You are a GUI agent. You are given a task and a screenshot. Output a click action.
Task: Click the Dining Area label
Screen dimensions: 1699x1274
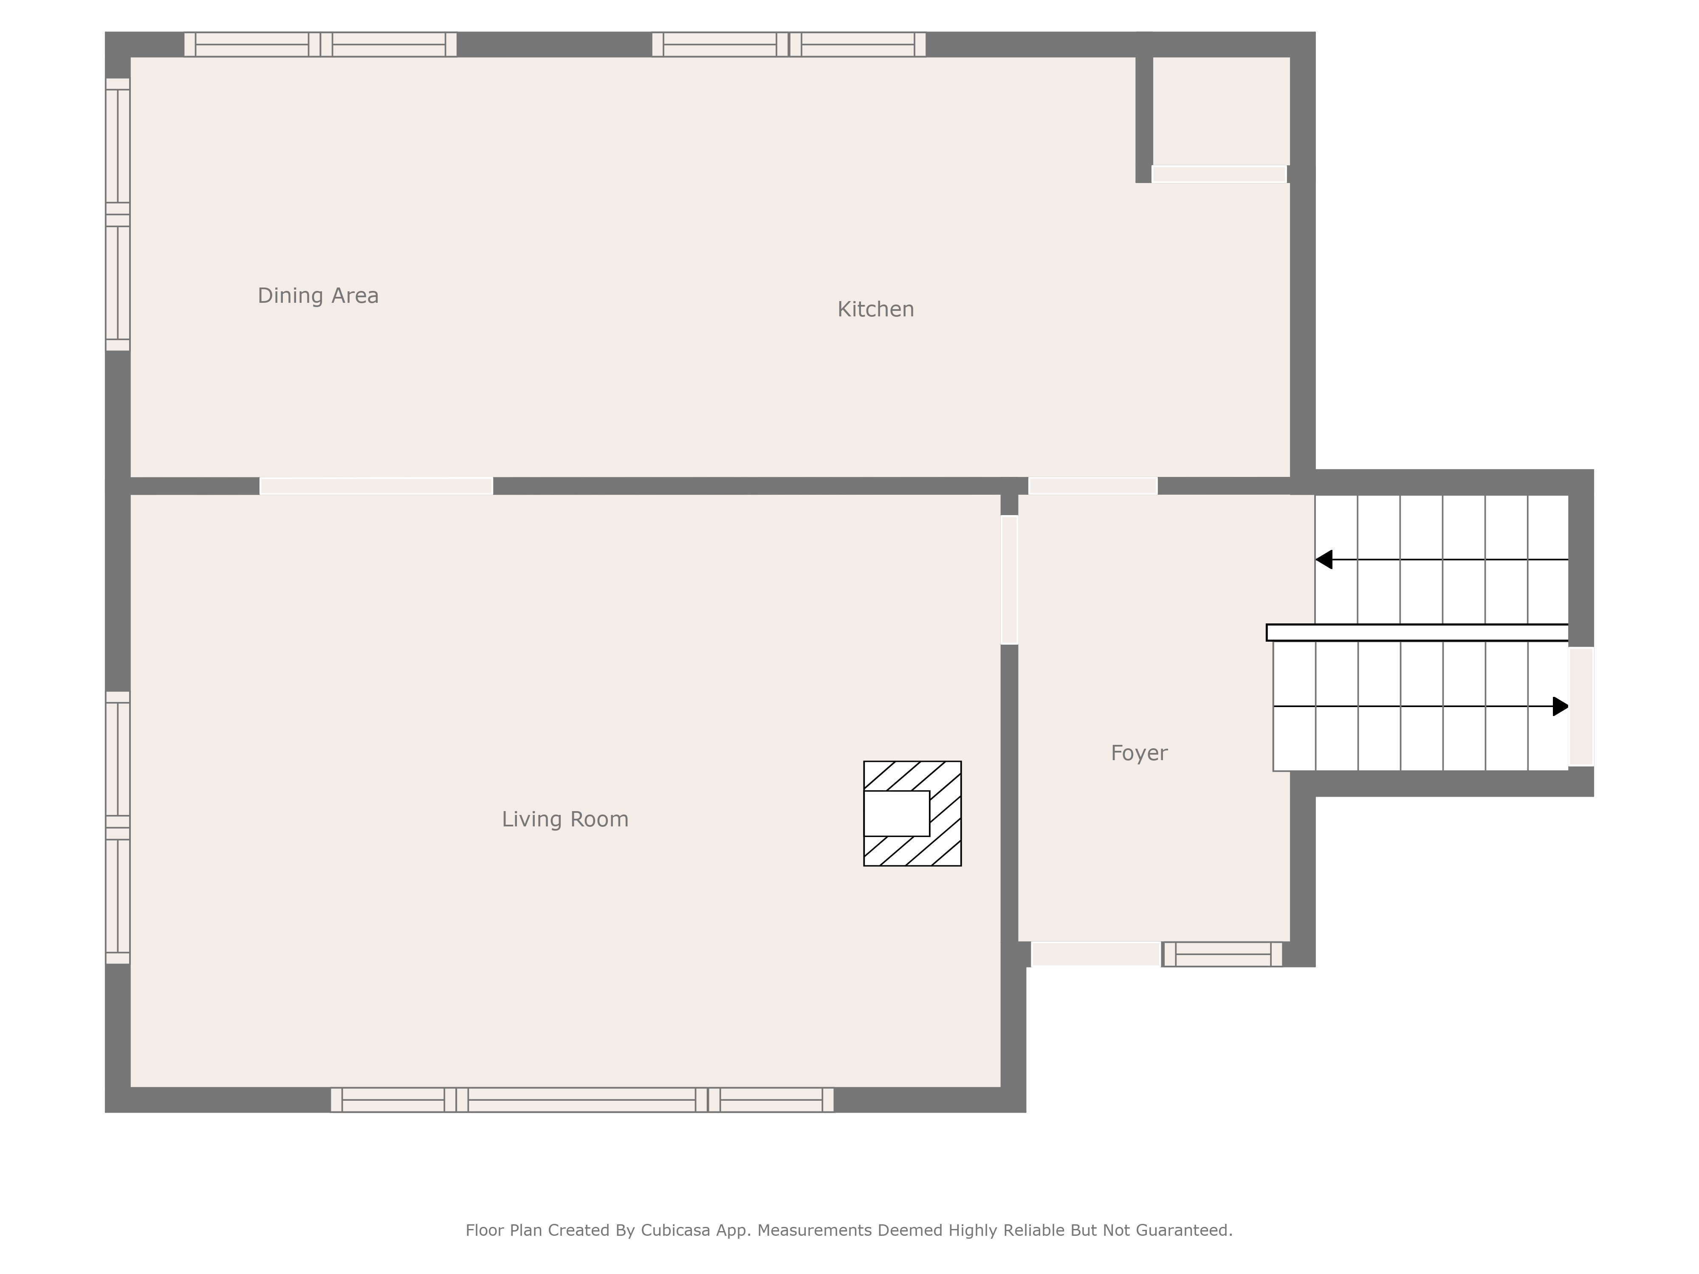coord(318,296)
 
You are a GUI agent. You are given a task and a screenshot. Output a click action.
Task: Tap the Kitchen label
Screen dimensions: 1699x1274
coord(875,310)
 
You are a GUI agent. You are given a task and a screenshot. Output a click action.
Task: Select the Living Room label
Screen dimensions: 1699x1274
coord(565,819)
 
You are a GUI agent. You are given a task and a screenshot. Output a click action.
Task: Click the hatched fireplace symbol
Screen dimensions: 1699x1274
coord(912,813)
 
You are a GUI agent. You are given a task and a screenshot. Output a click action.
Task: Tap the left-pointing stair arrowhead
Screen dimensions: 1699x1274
coord(1324,560)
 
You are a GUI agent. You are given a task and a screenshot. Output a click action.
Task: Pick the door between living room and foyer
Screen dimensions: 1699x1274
coord(1009,580)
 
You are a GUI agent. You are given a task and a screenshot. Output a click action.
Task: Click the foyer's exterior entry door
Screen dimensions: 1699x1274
coord(1096,954)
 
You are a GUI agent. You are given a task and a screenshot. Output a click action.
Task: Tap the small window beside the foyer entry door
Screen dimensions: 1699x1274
coord(1222,954)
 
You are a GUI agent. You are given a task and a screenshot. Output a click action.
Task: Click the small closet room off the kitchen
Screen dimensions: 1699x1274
coord(1221,111)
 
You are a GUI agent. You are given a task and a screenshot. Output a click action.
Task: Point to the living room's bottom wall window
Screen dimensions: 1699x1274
coord(582,1100)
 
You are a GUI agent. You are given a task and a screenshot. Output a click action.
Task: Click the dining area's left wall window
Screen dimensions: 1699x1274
coord(118,214)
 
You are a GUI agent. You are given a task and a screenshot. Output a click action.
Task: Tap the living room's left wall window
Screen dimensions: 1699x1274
coord(118,828)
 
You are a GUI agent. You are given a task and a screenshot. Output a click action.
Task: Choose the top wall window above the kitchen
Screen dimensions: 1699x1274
coord(789,45)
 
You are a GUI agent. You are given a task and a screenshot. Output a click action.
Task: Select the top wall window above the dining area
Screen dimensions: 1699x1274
coord(320,45)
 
